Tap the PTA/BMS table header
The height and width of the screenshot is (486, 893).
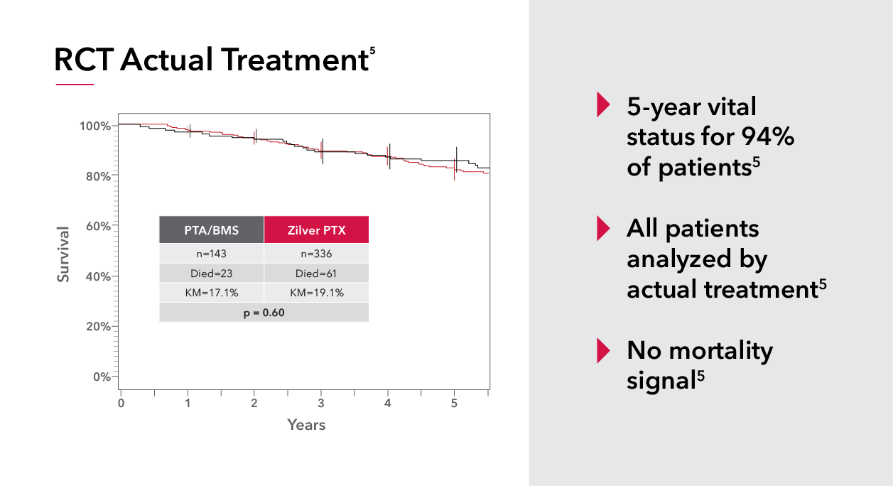[x=211, y=229]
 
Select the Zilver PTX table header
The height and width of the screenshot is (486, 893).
[x=316, y=229]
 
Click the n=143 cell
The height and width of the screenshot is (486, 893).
[x=211, y=254]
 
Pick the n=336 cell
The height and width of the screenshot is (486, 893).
[x=316, y=254]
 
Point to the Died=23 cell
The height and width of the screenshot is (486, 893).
[x=211, y=273]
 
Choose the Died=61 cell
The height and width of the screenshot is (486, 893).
[x=316, y=273]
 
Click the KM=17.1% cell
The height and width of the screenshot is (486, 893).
[x=211, y=293]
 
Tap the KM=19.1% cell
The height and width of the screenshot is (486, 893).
[x=316, y=293]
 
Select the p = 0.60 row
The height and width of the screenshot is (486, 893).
[x=264, y=313]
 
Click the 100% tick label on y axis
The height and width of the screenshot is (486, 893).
[x=94, y=126]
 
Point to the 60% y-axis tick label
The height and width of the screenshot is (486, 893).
[x=97, y=227]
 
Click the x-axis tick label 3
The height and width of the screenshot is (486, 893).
[x=321, y=404]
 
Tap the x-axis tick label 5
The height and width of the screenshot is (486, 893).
[x=455, y=404]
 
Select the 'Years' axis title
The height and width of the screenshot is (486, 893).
[x=306, y=425]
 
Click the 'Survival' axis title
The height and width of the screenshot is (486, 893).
[x=64, y=254]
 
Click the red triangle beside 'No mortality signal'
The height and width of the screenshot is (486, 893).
[x=603, y=350]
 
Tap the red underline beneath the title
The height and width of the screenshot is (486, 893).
[x=75, y=85]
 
